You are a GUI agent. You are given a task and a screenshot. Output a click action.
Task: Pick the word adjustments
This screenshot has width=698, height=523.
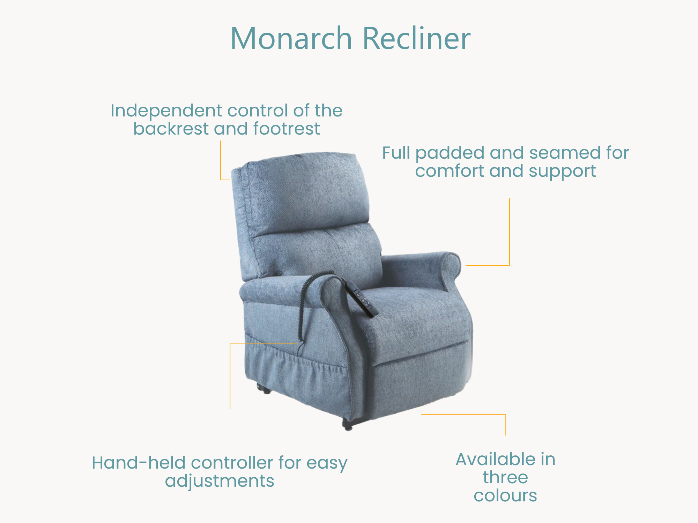point(220,482)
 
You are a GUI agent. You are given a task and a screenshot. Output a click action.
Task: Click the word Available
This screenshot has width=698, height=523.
point(496,459)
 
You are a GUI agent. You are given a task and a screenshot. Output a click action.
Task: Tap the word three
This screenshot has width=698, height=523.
point(505,477)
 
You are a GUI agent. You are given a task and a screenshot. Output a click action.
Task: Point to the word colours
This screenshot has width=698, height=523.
point(505,495)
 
